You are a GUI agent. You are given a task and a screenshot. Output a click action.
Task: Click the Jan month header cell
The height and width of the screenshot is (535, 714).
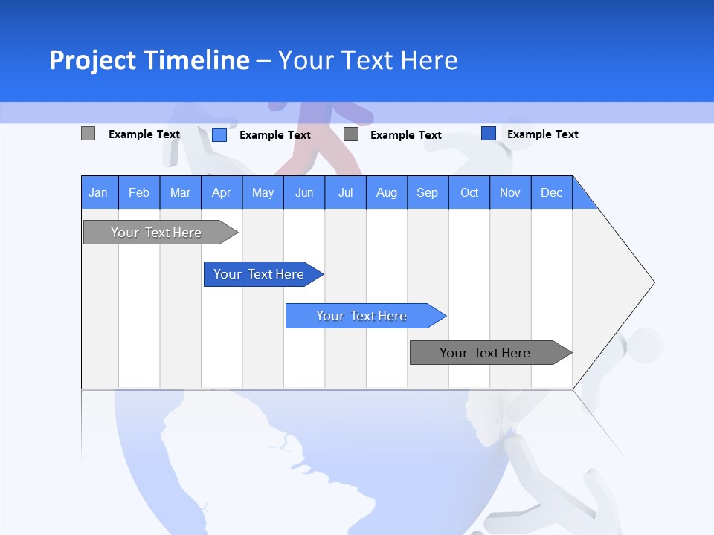(x=99, y=192)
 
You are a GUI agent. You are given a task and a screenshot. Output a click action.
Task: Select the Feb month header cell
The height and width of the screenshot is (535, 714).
(x=139, y=192)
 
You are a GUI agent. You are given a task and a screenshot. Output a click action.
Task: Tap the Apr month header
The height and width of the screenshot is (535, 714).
(x=221, y=192)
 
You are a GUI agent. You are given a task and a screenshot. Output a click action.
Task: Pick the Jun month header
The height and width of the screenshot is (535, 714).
(x=304, y=192)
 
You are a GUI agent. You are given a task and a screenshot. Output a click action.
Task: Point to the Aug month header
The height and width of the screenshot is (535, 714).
(x=386, y=192)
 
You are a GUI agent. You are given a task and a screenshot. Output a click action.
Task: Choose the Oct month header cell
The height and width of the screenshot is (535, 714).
(x=469, y=192)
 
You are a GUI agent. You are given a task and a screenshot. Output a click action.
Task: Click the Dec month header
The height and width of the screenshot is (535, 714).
(x=551, y=192)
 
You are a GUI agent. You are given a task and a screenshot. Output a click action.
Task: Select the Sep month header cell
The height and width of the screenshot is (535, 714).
(x=427, y=192)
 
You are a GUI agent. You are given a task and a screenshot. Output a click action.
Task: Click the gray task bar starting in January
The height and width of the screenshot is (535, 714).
(x=157, y=233)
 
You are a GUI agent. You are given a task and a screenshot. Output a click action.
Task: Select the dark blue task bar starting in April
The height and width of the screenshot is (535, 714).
(x=260, y=274)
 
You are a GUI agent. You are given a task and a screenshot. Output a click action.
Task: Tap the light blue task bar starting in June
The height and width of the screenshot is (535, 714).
(x=362, y=316)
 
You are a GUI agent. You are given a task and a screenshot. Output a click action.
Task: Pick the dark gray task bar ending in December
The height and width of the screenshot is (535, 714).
(x=486, y=353)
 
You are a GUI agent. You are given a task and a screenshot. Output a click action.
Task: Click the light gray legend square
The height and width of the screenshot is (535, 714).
(x=88, y=134)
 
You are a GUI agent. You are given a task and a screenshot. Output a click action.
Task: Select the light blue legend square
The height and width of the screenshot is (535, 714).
(x=219, y=134)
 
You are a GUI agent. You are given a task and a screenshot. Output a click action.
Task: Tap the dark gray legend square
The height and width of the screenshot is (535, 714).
(x=351, y=134)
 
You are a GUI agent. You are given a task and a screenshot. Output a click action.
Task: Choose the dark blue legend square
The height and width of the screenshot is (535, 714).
(x=489, y=134)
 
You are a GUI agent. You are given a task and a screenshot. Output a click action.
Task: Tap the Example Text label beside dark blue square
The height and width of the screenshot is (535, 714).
(x=542, y=134)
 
